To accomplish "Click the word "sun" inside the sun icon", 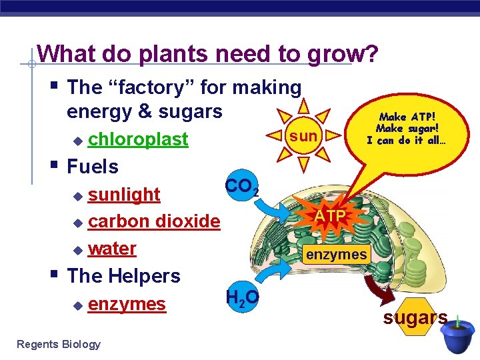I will coord(303,137).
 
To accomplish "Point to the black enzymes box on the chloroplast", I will coord(336,254).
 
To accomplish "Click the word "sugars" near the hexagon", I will coord(414,318).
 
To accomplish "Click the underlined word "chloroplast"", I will coord(138,140).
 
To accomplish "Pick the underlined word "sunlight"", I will coord(124,194).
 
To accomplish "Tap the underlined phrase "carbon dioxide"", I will coord(153,221).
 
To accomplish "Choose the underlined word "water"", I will coord(112,248).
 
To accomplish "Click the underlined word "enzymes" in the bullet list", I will coord(127,304).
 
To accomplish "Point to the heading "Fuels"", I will coord(93,167).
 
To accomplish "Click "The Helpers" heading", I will coord(124,275).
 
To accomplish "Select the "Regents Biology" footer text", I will coord(59,344).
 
